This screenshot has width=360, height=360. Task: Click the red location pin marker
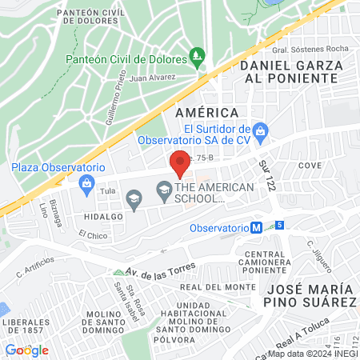tap(180, 164)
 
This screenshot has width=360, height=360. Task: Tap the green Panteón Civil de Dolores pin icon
tap(198, 57)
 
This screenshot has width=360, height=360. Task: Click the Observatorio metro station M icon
tap(256, 227)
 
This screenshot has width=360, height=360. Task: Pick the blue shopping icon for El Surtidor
tap(259, 130)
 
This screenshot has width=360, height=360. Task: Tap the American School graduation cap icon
tap(164, 189)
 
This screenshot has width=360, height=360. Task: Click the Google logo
tap(26, 350)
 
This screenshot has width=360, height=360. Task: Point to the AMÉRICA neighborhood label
tap(207, 113)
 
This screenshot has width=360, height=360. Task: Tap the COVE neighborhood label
tap(309, 165)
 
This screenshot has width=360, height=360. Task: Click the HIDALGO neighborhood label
tap(100, 217)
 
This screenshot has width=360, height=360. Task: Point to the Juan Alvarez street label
tap(151, 78)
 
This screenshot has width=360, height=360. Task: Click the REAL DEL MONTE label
tap(212, 286)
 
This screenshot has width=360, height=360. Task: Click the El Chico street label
tap(92, 235)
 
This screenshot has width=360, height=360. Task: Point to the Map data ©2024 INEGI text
tap(312, 354)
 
